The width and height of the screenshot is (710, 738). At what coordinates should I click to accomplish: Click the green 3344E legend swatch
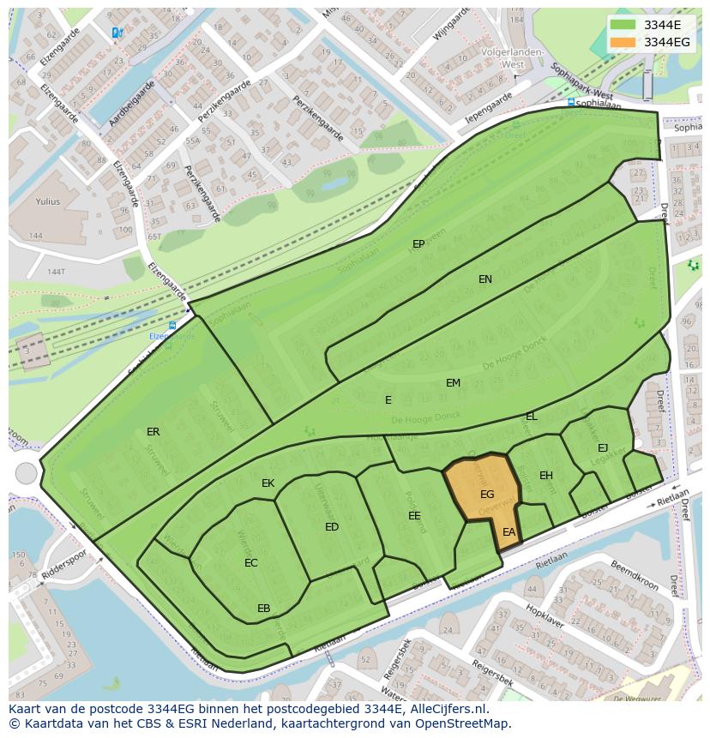623,26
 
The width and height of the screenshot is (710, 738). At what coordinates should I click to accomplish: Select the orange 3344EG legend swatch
623,42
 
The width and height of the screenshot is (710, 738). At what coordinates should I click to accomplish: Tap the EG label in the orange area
487,495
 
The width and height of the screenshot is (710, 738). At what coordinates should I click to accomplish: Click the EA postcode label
509,532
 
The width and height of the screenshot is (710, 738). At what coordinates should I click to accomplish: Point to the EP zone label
418,244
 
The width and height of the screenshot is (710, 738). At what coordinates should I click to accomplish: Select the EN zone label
485,279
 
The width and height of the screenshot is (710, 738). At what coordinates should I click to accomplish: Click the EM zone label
453,383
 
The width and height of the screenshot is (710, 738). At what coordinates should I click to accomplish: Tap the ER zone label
153,432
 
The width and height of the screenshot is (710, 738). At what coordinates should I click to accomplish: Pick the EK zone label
268,483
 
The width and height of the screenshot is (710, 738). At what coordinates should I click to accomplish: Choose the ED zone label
332,527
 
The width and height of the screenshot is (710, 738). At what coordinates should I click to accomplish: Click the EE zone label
414,516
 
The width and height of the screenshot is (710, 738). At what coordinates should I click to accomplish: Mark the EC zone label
250,563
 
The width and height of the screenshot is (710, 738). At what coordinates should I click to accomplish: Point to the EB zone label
264,609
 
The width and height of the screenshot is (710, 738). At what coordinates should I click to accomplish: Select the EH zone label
546,476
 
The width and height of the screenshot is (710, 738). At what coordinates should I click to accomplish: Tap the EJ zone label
603,448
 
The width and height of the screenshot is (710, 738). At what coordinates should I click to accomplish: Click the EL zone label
532,417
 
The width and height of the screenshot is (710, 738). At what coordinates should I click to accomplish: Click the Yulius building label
48,202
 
